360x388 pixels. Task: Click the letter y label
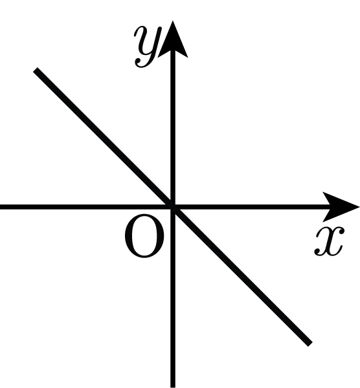pyautogui.click(x=148, y=47)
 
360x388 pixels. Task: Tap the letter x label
pyautogui.click(x=330, y=241)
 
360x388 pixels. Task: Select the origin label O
pyautogui.click(x=144, y=236)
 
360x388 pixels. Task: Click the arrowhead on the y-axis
pyautogui.click(x=173, y=39)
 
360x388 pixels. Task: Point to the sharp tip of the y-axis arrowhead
pyautogui.click(x=173, y=21)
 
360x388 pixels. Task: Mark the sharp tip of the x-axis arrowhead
pyautogui.click(x=359, y=207)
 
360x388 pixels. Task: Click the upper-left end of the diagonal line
pyautogui.click(x=36, y=69)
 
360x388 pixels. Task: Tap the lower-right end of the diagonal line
pyautogui.click(x=310, y=344)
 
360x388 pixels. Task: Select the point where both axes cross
pyautogui.click(x=173, y=207)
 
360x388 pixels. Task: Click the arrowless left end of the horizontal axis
pyautogui.click(x=1, y=207)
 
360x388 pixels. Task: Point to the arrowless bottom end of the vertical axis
pyautogui.click(x=173, y=387)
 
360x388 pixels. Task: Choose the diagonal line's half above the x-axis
pyautogui.click(x=104, y=138)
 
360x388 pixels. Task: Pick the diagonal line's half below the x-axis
pyautogui.click(x=242, y=275)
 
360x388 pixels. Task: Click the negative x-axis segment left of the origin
pyautogui.click(x=85, y=207)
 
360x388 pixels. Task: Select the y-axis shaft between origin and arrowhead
pyautogui.click(x=173, y=127)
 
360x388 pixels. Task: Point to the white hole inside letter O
pyautogui.click(x=144, y=236)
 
